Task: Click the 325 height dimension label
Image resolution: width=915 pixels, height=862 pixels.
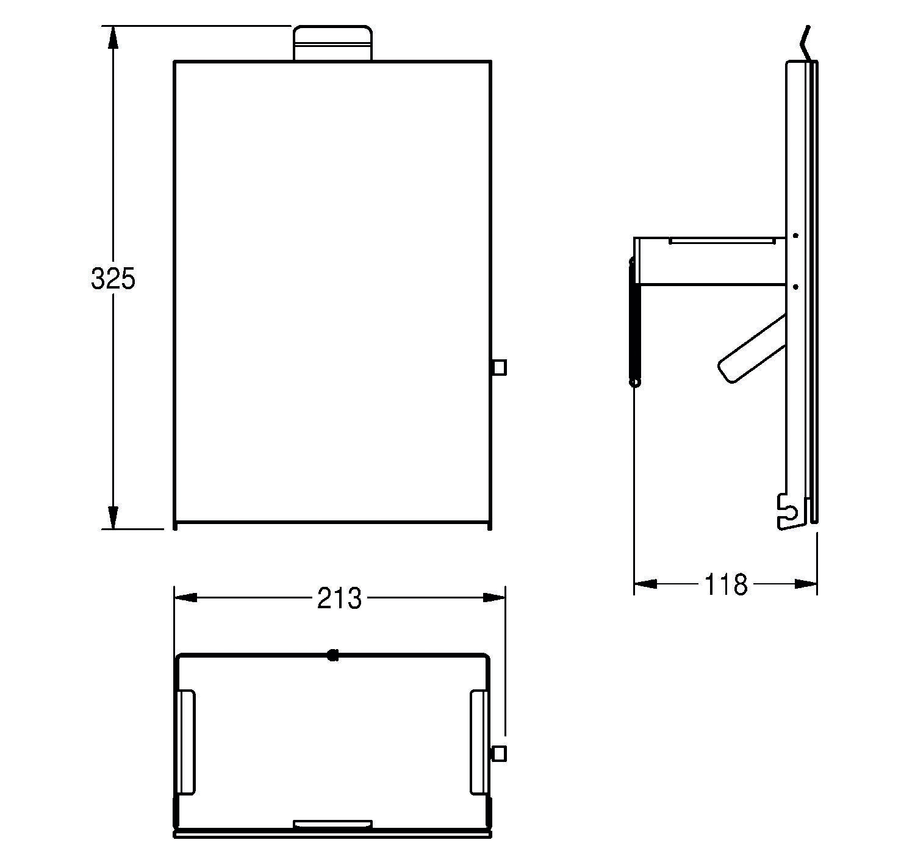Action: click(x=113, y=279)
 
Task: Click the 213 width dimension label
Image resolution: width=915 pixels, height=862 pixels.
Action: click(x=339, y=598)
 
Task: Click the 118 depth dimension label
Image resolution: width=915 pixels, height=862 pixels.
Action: click(x=726, y=584)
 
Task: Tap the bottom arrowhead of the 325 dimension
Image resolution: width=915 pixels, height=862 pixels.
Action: click(x=113, y=517)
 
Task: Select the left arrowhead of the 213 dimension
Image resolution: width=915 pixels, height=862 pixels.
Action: click(x=186, y=598)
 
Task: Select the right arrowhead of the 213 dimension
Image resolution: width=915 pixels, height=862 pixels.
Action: click(x=494, y=598)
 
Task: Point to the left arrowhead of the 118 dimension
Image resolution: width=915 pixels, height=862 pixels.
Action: click(x=645, y=584)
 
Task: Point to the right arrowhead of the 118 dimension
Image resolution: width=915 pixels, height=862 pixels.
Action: click(x=806, y=584)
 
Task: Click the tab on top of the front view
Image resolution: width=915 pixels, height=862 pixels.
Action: click(x=332, y=43)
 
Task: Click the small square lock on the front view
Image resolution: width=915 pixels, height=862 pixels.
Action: click(x=499, y=367)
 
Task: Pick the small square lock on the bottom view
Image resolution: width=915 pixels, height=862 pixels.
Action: click(x=499, y=754)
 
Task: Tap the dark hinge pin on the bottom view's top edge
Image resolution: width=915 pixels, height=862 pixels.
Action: click(x=332, y=655)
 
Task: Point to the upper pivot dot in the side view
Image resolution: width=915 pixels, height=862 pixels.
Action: click(x=795, y=235)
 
